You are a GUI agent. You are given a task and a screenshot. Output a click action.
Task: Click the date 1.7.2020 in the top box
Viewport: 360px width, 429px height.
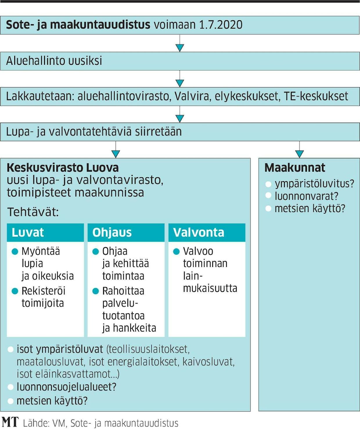(221, 25)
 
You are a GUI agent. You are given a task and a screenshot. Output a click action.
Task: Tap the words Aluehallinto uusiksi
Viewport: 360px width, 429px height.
(54, 61)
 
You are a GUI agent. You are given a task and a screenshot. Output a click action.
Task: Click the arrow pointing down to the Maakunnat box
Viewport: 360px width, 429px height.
(299, 153)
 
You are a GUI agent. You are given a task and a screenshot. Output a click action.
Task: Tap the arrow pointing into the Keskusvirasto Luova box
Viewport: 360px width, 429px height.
(116, 153)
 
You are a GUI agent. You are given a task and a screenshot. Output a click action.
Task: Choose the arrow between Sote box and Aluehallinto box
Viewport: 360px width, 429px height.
(180, 47)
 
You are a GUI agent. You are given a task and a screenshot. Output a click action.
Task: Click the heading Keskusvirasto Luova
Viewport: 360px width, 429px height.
(63, 168)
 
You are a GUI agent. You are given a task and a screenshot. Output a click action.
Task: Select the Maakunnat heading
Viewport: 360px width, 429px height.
(295, 168)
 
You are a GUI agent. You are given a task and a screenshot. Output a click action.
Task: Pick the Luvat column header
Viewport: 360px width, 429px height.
(28, 233)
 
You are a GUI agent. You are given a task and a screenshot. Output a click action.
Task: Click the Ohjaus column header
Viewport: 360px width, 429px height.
(112, 233)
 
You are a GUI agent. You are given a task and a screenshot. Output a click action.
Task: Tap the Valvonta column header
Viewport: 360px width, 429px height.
(199, 233)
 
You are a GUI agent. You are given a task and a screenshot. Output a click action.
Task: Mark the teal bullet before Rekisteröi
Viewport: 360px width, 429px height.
(15, 291)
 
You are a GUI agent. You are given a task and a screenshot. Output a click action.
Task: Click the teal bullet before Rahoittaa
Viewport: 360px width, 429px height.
(96, 291)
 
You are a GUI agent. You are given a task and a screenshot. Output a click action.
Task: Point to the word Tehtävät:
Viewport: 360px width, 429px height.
(33, 212)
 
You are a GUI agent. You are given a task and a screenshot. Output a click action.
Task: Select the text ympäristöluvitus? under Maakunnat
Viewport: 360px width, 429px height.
(314, 184)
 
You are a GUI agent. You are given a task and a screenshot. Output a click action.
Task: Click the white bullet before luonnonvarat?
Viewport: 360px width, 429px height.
(269, 195)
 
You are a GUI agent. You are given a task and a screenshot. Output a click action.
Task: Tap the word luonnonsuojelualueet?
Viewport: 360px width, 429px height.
(66, 387)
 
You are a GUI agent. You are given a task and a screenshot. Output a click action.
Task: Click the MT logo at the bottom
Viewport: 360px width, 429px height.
(10, 422)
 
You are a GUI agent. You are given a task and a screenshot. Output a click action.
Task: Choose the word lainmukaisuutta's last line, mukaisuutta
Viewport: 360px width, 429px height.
(210, 288)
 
